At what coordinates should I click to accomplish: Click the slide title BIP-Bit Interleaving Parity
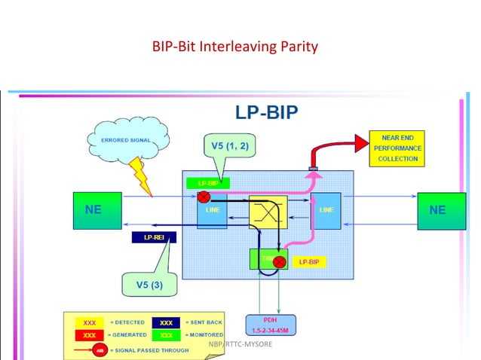pyautogui.click(x=235, y=47)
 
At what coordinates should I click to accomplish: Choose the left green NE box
pyautogui.click(x=93, y=210)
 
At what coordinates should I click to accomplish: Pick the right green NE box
pyautogui.click(x=437, y=210)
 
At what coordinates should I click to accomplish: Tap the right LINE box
pyautogui.click(x=326, y=210)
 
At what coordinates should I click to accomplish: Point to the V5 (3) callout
pyautogui.click(x=148, y=285)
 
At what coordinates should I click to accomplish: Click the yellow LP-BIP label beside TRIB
pyautogui.click(x=309, y=262)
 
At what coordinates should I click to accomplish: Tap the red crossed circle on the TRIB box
pyautogui.click(x=279, y=263)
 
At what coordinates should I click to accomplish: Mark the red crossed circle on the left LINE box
pyautogui.click(x=204, y=197)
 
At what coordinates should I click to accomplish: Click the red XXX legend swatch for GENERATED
pyautogui.click(x=89, y=334)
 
